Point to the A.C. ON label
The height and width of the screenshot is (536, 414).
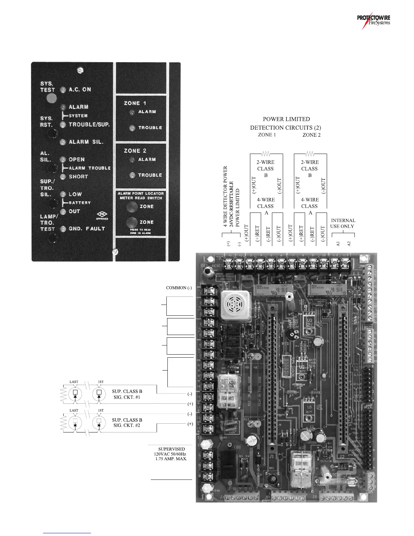coord(80,90)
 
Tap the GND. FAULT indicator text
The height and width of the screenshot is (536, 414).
coord(87,229)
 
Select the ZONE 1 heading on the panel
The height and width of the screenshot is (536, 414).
coord(135,103)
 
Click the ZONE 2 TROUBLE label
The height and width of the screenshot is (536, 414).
coord(150,175)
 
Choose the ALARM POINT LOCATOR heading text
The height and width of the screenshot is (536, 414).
coord(141,194)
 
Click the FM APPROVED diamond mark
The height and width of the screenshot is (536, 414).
coord(102,215)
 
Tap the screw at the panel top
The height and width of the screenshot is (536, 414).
coord(80,70)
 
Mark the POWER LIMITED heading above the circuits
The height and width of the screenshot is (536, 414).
coord(286,119)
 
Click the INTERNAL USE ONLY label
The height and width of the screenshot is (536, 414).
coord(343,223)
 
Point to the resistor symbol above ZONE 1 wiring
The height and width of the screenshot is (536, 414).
coord(266,154)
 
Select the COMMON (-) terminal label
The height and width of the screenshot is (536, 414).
coord(179,288)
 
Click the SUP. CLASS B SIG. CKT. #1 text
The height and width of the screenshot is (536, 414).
coord(127,394)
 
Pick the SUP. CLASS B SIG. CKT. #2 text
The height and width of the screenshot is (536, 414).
coord(127,423)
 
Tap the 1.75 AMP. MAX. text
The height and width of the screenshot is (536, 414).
coord(171,459)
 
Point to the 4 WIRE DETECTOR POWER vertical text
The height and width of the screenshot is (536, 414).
coord(225,196)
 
